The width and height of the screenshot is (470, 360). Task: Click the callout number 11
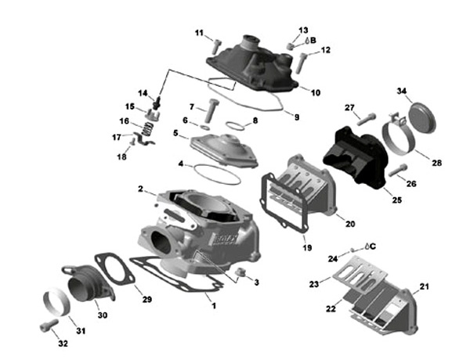198,33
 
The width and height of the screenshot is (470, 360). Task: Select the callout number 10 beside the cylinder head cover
316,92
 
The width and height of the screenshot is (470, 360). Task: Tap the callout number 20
350,223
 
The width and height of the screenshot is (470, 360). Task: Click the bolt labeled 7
211,109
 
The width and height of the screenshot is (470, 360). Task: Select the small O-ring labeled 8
234,124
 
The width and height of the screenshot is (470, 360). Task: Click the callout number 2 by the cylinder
141,189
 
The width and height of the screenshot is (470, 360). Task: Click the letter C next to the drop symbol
373,245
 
